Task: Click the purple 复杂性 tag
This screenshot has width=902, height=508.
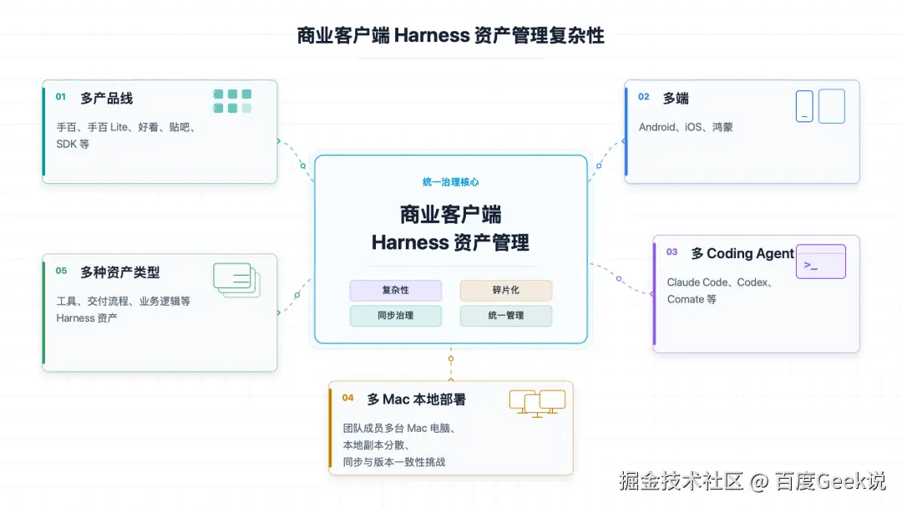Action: tap(396, 290)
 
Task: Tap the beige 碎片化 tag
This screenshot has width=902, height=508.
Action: tap(505, 290)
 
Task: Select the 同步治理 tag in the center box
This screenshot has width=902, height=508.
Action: tap(396, 315)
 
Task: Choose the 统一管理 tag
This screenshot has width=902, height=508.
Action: tap(505, 315)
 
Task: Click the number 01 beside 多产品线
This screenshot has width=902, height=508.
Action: tap(61, 97)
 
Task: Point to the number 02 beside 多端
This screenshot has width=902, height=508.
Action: tap(644, 97)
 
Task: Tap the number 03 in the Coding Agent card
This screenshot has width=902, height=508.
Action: tap(671, 252)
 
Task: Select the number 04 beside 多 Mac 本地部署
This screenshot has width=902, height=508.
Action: tap(348, 398)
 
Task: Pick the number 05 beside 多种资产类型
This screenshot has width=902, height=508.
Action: tap(62, 271)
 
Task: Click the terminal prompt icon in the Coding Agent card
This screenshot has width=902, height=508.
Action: tap(821, 262)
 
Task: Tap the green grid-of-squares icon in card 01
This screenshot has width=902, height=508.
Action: tap(232, 101)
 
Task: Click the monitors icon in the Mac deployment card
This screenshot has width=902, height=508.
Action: tap(537, 404)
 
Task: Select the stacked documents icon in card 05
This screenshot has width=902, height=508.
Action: tap(236, 280)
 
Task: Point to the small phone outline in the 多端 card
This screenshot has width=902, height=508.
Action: tap(804, 106)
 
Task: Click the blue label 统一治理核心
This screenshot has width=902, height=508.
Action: tap(450, 182)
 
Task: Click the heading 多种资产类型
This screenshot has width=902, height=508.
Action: tap(120, 272)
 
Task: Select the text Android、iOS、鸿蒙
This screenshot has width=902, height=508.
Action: tap(686, 127)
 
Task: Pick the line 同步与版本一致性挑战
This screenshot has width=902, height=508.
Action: tap(394, 462)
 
